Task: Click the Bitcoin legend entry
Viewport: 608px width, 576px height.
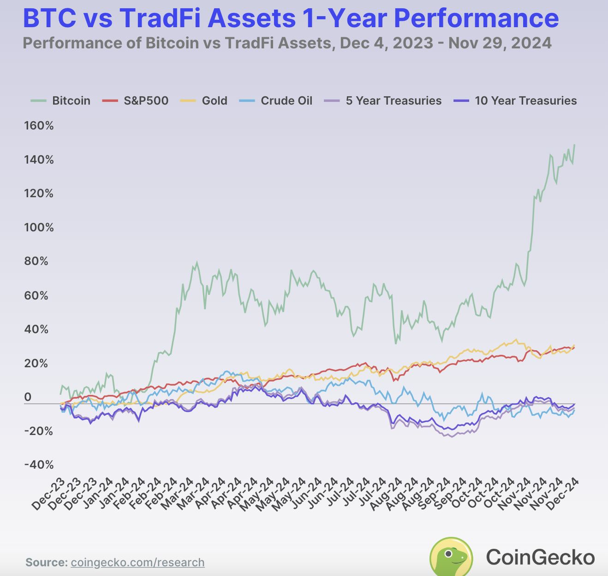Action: [60, 101]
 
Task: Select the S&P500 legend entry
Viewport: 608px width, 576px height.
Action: [136, 101]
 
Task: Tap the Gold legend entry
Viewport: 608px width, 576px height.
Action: [204, 101]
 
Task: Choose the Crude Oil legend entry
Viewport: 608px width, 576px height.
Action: [276, 101]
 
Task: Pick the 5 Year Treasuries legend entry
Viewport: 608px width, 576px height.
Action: [383, 101]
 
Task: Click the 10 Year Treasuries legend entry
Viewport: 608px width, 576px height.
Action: [515, 101]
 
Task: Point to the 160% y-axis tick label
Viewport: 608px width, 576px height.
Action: [39, 126]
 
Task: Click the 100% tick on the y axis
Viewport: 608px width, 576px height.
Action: [39, 228]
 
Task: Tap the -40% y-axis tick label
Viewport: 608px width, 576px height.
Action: [39, 465]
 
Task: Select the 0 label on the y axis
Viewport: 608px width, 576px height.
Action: [28, 397]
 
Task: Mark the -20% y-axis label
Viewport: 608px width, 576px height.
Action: [39, 431]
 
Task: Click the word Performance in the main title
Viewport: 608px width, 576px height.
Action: [477, 18]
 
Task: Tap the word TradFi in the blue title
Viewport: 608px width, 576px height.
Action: [160, 18]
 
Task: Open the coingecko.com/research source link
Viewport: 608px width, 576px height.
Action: [137, 563]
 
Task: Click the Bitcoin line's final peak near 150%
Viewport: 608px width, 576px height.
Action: [575, 145]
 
